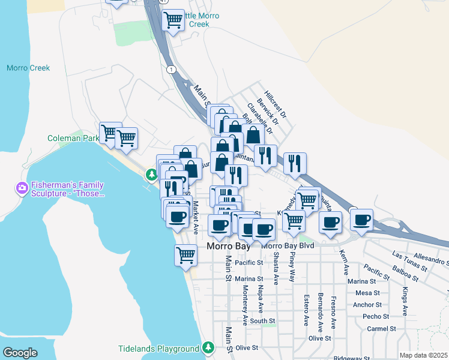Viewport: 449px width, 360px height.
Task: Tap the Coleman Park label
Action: [x=73, y=138]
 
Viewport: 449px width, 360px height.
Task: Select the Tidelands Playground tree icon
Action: [x=208, y=347]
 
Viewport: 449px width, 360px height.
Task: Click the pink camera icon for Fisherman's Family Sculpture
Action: [x=22, y=190]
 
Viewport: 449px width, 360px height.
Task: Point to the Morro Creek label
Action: [x=28, y=68]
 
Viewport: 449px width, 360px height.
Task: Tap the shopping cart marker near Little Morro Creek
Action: [x=173, y=20]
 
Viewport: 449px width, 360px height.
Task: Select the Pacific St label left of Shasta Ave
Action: [x=249, y=263]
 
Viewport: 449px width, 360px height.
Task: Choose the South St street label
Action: [x=263, y=322]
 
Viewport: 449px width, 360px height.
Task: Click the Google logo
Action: [x=20, y=353]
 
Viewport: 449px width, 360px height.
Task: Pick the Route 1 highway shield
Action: [x=172, y=70]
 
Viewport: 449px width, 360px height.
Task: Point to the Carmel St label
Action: [x=382, y=329]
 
